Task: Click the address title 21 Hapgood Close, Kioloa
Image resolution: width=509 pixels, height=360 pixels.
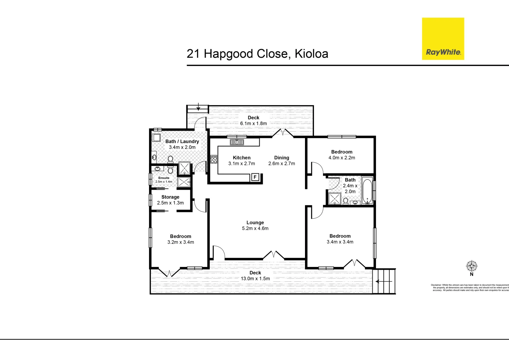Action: pyautogui.click(x=257, y=54)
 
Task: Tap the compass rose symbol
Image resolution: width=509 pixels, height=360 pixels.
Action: pyautogui.click(x=471, y=266)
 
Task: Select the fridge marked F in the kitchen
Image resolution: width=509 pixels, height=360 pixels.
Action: pyautogui.click(x=255, y=177)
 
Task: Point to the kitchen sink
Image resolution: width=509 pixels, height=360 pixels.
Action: pyautogui.click(x=237, y=142)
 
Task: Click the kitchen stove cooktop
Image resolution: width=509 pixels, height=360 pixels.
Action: pyautogui.click(x=214, y=159)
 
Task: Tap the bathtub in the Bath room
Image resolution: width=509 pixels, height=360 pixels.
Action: pyautogui.click(x=367, y=191)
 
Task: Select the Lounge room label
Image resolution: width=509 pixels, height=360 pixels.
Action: pyautogui.click(x=255, y=223)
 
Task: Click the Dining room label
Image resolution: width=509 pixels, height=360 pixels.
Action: pyautogui.click(x=282, y=158)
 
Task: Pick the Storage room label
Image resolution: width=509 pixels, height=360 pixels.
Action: pyautogui.click(x=170, y=197)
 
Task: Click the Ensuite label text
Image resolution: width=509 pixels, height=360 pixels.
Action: pyautogui.click(x=164, y=178)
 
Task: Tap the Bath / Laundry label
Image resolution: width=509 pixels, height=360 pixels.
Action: pyautogui.click(x=182, y=141)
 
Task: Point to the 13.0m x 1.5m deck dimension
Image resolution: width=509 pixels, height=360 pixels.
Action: pyautogui.click(x=255, y=279)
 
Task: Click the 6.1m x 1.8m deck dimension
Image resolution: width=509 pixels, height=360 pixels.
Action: pyautogui.click(x=253, y=123)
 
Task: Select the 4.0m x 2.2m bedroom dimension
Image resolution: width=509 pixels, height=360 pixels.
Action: pyautogui.click(x=342, y=158)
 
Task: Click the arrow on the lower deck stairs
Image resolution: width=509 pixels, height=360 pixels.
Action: pyautogui.click(x=379, y=281)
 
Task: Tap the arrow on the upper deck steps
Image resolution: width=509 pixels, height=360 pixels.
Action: pyautogui.click(x=199, y=107)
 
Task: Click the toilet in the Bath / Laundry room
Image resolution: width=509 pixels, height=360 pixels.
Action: pyautogui.click(x=170, y=160)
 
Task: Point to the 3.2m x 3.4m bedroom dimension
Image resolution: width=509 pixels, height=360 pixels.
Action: pyautogui.click(x=181, y=242)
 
